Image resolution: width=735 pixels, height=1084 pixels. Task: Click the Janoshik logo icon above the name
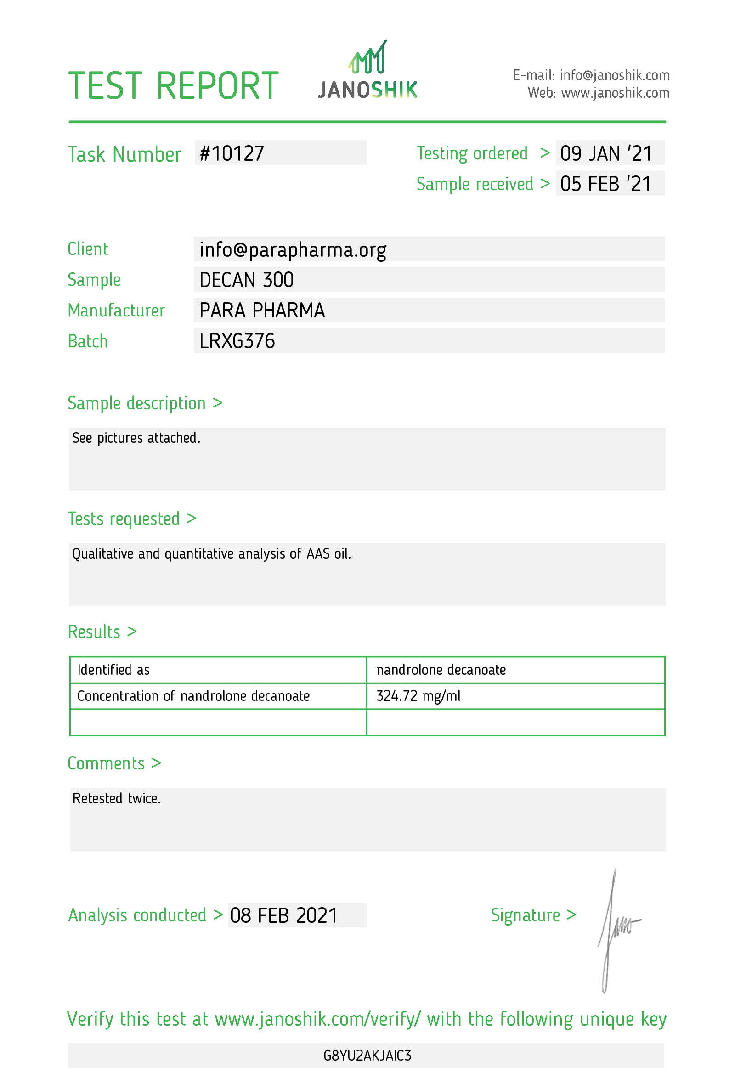coord(367,58)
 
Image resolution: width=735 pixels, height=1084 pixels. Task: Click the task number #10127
coord(232,153)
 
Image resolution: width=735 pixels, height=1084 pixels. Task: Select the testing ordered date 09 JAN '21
coord(606,153)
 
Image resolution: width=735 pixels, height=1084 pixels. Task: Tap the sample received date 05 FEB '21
coord(606,184)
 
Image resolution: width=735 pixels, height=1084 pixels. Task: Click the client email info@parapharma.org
coord(293,249)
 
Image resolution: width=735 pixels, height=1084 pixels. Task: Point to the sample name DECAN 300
coord(246,280)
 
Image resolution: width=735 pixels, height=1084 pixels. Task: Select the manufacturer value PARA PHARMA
coord(262,310)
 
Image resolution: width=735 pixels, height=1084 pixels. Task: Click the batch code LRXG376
coord(237,341)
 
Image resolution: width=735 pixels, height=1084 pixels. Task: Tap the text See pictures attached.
coord(136,438)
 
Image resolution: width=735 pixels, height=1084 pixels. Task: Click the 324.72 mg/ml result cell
coord(418,696)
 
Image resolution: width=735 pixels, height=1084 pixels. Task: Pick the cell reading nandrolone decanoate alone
coord(441,670)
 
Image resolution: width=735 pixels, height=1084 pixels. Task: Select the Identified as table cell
coord(113,670)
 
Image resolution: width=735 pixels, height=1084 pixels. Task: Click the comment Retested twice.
coord(117,798)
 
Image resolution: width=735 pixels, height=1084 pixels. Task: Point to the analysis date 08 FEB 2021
coord(283,915)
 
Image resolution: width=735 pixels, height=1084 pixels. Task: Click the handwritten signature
coord(615,928)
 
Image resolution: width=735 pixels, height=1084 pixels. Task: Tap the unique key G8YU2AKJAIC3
coord(367,1056)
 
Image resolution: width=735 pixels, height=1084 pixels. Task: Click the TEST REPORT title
coord(173,86)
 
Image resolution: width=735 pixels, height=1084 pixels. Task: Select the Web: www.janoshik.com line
coord(598,93)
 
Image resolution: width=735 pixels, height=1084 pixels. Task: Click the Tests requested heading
coord(132,519)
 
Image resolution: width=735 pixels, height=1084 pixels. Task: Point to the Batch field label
coord(88,341)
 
